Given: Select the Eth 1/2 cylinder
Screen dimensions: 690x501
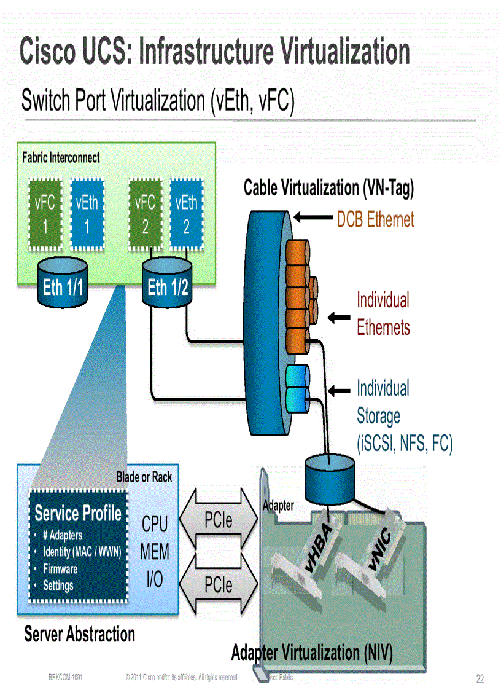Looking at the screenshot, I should click(x=168, y=283).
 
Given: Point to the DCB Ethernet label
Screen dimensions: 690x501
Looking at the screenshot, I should click(x=375, y=219).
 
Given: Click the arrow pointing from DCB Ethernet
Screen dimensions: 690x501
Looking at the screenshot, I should click(x=313, y=217).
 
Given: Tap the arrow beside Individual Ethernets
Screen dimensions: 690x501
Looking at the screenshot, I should click(x=338, y=317).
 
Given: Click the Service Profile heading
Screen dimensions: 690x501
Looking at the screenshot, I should click(x=78, y=513).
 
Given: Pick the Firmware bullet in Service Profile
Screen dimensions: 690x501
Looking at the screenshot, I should click(x=60, y=569).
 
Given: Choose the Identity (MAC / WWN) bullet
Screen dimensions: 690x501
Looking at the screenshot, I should click(x=82, y=552).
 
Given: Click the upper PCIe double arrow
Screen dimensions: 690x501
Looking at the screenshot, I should click(x=218, y=520).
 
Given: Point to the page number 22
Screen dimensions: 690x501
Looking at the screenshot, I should click(x=480, y=679).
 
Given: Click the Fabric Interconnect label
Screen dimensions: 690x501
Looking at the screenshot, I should click(x=61, y=157).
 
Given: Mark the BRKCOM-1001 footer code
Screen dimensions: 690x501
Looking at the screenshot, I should click(x=66, y=677).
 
